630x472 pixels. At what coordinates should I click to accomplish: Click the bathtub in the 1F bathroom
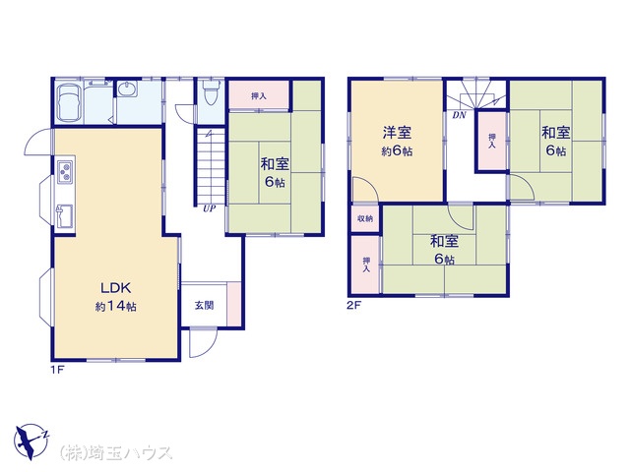pos(69,102)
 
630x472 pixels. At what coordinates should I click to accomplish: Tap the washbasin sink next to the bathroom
pos(128,88)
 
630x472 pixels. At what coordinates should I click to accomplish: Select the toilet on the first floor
pos(210,92)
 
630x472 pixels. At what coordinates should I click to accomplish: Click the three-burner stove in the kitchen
pos(65,172)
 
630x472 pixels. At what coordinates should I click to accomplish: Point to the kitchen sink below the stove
pos(64,216)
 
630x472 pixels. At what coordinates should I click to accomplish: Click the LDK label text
pos(116,288)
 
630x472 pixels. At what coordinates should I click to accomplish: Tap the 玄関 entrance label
pos(204,306)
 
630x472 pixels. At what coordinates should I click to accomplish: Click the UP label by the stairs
pos(209,208)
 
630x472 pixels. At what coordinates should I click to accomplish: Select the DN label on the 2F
pos(459,115)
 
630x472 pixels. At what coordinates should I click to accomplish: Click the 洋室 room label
pos(397,133)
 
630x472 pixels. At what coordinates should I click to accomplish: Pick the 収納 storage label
pos(365,218)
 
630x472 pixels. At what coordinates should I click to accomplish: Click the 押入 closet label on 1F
pos(259,96)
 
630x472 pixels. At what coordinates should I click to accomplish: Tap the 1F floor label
pos(57,370)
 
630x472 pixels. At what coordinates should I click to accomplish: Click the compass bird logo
pos(31,441)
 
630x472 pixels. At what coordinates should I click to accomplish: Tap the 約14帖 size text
pos(116,307)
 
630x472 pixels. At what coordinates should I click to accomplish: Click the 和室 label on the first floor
pos(275,164)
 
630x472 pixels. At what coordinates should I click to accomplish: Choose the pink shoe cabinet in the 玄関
pos(234,304)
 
